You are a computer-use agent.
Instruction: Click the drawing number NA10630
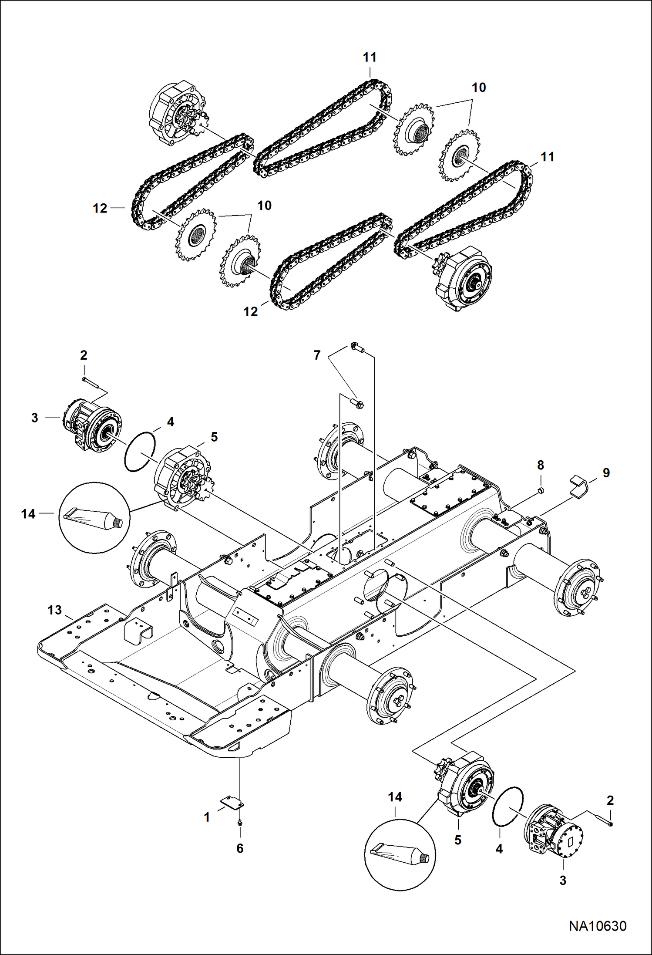tap(598, 926)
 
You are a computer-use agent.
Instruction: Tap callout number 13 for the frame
tap(55, 610)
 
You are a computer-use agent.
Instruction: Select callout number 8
tap(541, 465)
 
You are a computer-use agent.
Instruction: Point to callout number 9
tap(606, 472)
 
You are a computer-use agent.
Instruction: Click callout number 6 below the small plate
tap(240, 848)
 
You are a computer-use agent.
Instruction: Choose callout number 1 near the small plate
tap(207, 817)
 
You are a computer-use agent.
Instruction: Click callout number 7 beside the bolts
tap(317, 355)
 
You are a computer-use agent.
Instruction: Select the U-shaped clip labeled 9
tap(579, 484)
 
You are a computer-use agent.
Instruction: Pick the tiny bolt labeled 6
tap(240, 822)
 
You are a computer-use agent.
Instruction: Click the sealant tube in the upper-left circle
tap(93, 518)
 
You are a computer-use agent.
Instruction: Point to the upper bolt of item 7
tap(356, 348)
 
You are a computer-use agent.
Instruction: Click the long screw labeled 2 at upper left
tap(91, 381)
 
